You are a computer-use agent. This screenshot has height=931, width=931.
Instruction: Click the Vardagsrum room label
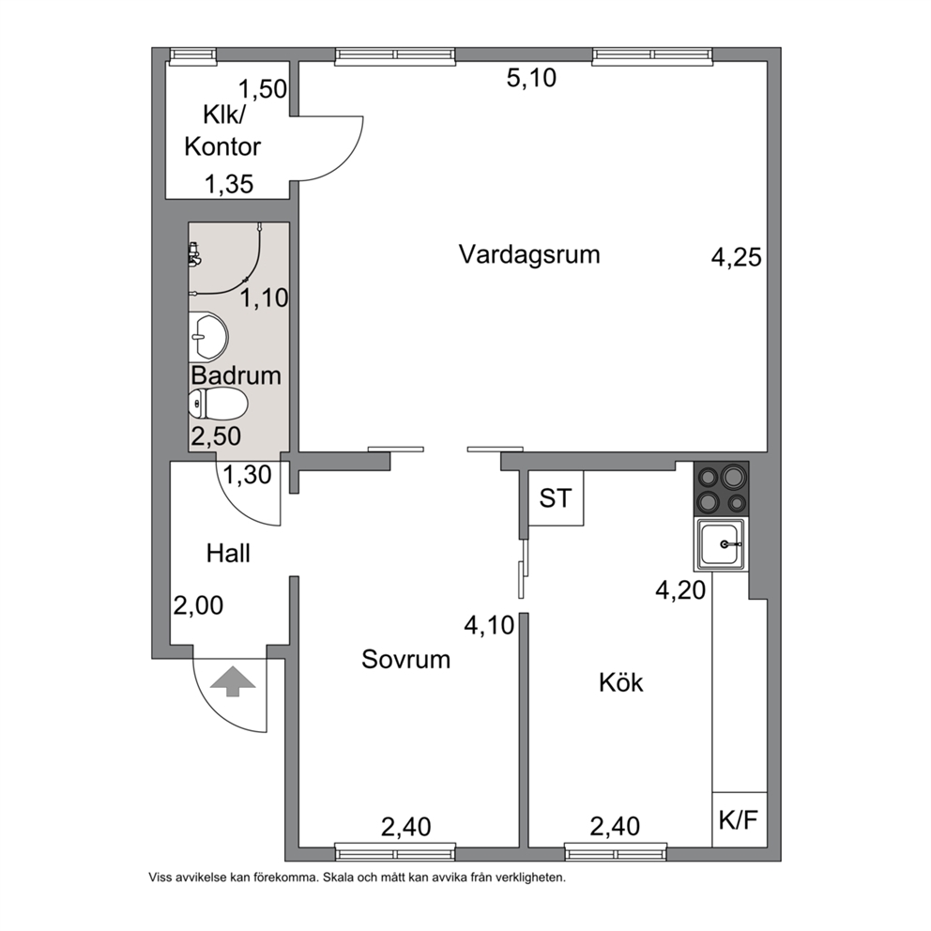click(x=529, y=255)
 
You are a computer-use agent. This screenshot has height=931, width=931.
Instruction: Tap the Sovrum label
click(x=406, y=660)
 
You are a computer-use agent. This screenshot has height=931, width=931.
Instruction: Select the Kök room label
click(x=620, y=682)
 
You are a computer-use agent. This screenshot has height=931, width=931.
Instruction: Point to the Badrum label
click(x=236, y=375)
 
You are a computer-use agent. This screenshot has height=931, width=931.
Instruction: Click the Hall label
click(x=228, y=554)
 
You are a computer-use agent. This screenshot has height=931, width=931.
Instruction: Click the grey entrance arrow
click(x=233, y=681)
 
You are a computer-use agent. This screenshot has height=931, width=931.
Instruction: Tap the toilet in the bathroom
click(x=218, y=404)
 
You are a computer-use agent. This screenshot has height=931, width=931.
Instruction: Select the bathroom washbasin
click(x=208, y=337)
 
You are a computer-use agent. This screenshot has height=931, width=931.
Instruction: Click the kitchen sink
click(x=721, y=544)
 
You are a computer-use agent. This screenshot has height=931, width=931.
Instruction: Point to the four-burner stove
click(x=722, y=489)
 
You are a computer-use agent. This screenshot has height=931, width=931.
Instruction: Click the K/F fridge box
click(x=740, y=819)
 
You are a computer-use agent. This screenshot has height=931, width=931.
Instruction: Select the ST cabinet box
click(x=556, y=498)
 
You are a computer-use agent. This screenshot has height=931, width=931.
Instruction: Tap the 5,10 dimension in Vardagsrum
click(x=531, y=79)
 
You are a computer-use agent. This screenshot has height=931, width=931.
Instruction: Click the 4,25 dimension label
click(x=736, y=258)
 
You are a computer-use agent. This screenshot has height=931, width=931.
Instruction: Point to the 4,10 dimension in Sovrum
click(x=489, y=625)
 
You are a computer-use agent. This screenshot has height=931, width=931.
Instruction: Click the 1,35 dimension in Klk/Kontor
click(x=229, y=184)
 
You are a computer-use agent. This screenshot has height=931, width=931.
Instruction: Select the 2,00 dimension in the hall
click(x=198, y=605)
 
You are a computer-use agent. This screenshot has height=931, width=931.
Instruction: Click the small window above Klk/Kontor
click(x=193, y=55)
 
